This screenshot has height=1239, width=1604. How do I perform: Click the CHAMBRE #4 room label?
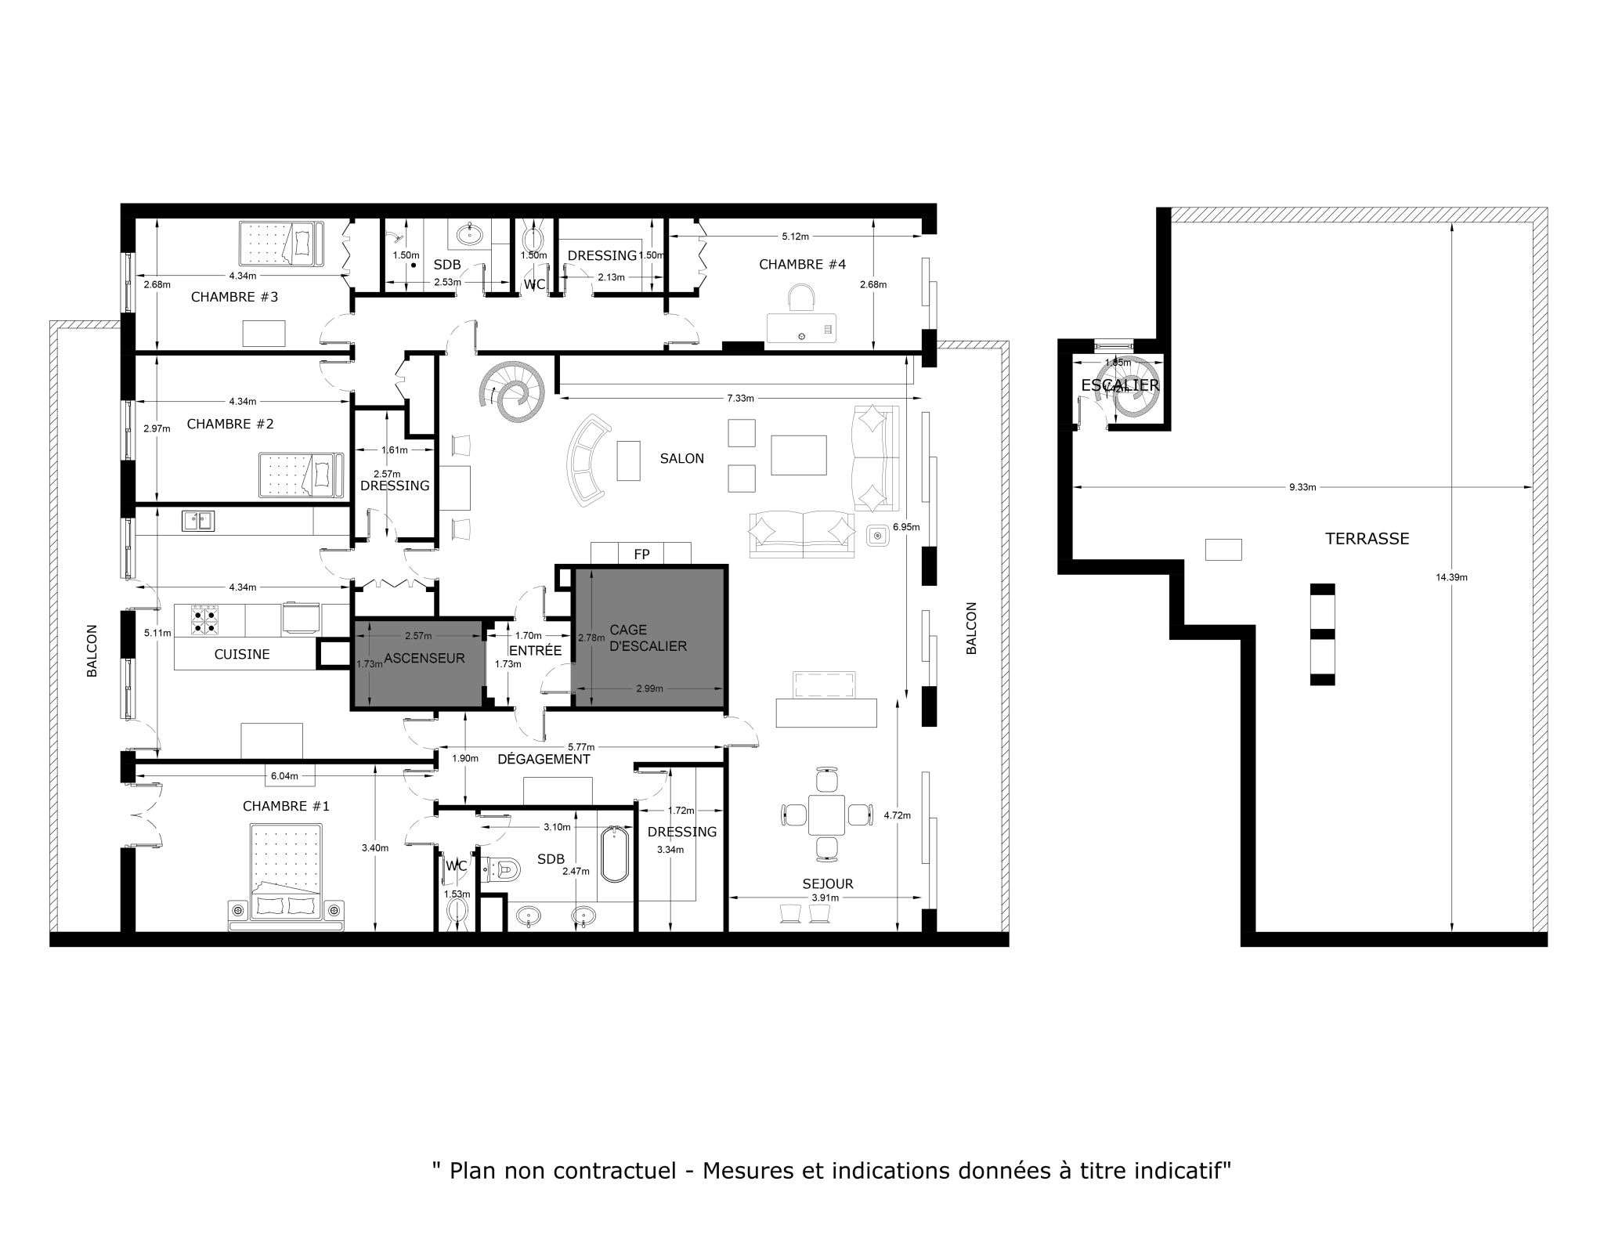tap(802, 265)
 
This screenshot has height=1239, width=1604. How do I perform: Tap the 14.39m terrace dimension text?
tap(1451, 578)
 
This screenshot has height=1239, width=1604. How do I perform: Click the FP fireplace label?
tap(641, 554)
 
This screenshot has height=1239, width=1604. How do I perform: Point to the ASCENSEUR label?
tap(424, 659)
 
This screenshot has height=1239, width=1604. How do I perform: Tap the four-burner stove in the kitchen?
tap(204, 619)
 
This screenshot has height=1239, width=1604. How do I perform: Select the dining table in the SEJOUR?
tap(826, 815)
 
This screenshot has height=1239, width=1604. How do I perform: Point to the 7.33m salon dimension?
tap(740, 398)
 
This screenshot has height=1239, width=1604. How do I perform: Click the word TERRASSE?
tap(1367, 539)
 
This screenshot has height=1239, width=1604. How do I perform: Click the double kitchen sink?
tap(198, 521)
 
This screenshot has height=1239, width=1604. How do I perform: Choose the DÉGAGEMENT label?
tap(544, 759)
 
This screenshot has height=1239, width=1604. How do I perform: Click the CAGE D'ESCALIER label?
tap(648, 638)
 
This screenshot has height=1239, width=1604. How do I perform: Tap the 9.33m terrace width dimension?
tap(1302, 487)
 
